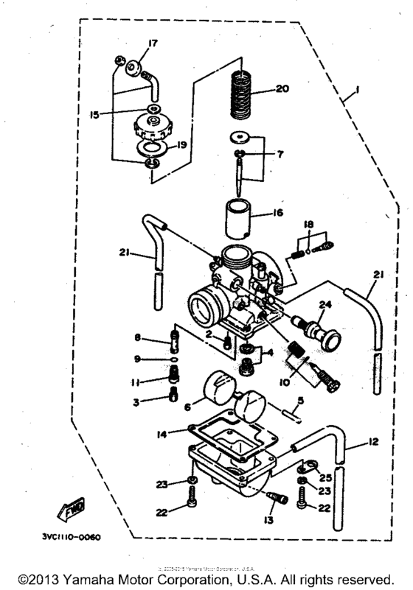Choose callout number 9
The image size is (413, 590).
tap(137, 359)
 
